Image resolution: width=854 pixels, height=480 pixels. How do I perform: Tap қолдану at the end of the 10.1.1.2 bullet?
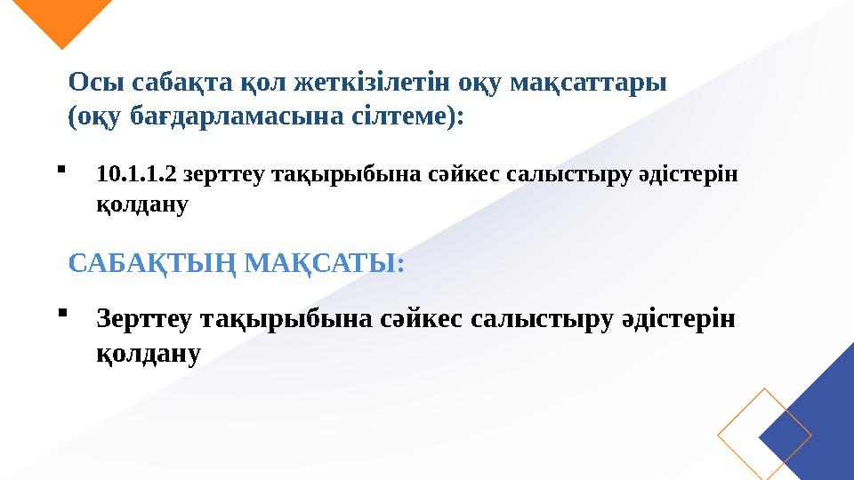[141, 205]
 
